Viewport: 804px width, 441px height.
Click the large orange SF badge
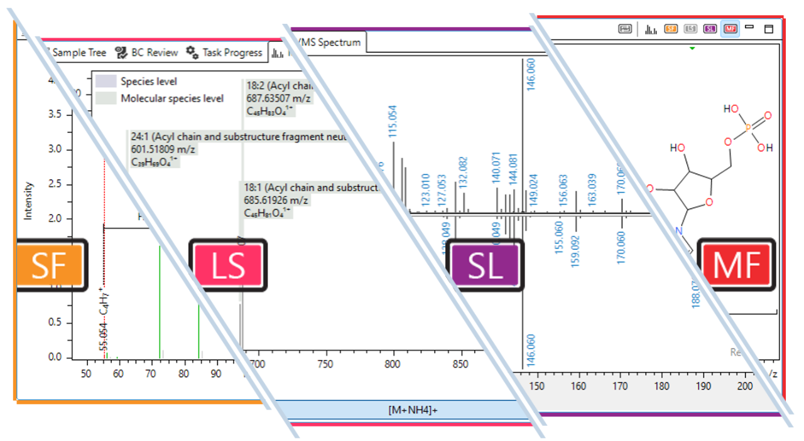(48, 265)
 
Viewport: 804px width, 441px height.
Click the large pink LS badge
(227, 265)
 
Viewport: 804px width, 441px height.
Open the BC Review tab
(148, 53)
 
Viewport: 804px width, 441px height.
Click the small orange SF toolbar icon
(671, 29)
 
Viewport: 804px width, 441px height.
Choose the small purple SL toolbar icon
(710, 29)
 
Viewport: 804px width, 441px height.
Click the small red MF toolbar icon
(730, 29)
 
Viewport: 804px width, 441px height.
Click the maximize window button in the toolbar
(768, 29)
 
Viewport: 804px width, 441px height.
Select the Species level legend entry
(148, 82)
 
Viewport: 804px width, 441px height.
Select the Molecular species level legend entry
(171, 98)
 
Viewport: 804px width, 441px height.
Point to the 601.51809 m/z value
(161, 149)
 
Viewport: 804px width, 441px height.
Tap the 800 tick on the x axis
(394, 364)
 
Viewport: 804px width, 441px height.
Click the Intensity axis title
(28, 201)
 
